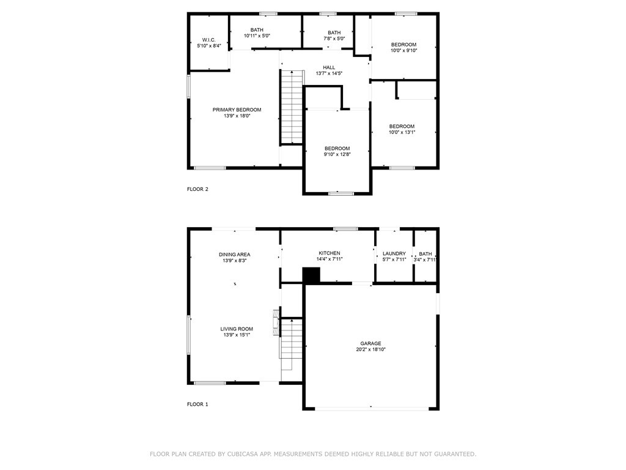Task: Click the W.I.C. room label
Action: pos(209,40)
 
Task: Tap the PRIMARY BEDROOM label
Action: pos(237,110)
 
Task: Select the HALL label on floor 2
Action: pos(329,67)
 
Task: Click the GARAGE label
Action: pos(370,343)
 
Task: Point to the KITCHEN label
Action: pos(330,253)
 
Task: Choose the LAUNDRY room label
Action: pos(394,253)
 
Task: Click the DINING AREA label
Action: pos(234,255)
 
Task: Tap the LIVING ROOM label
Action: pos(237,329)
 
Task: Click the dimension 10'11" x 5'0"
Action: pos(257,35)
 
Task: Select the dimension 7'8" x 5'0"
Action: pos(334,39)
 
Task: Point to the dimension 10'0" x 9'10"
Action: pos(403,50)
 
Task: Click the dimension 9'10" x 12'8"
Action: pos(337,154)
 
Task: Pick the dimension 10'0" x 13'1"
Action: pos(402,132)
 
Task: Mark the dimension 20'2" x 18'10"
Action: pos(371,349)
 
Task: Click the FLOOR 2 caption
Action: pos(197,189)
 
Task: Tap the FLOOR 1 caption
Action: pos(197,404)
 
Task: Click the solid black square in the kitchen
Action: pos(311,276)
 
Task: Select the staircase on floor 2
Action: pos(292,106)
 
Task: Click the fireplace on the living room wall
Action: pos(276,322)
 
